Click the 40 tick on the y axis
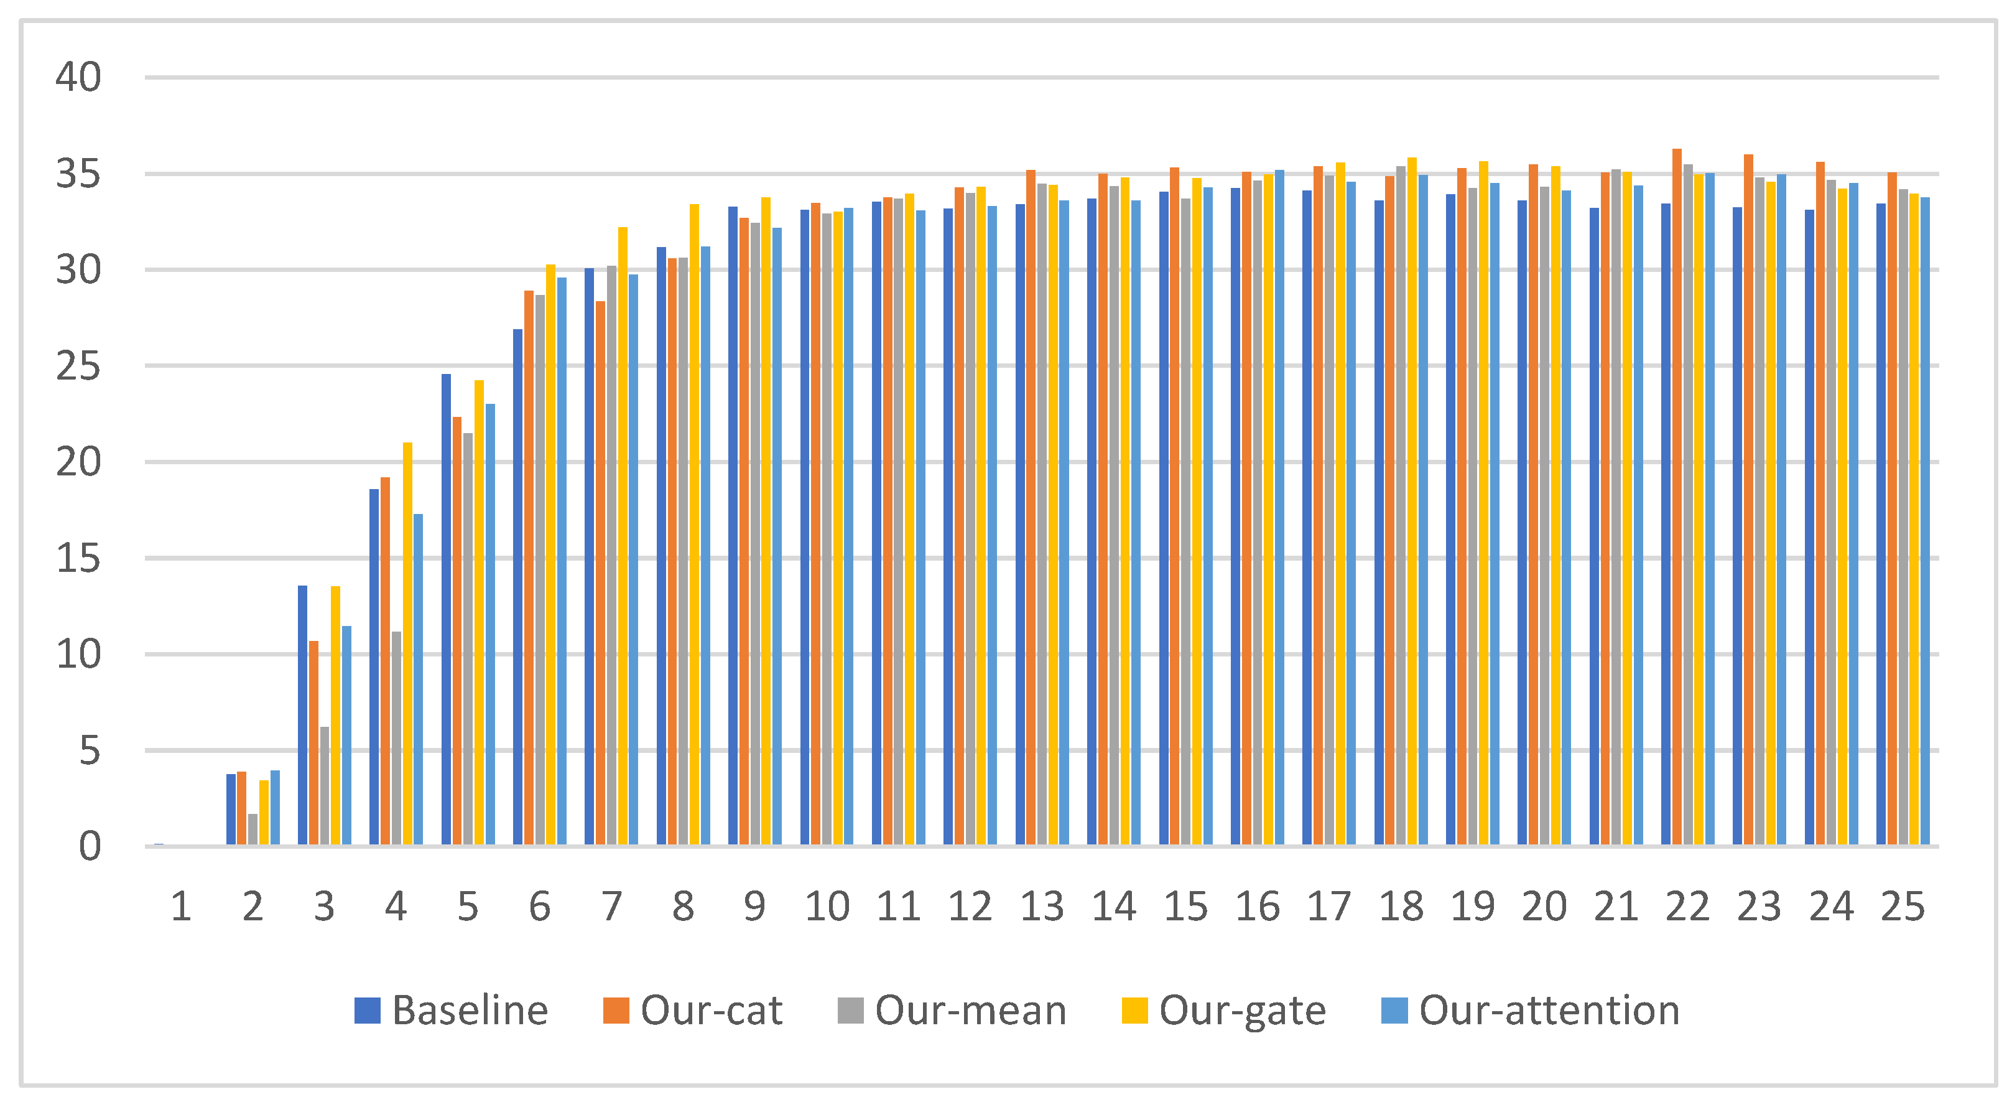(78, 77)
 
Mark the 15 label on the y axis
(78, 559)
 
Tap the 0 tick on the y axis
(90, 847)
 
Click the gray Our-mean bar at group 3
(324, 786)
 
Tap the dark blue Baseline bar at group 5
(446, 609)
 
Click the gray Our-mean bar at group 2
(253, 829)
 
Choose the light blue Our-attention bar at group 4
(418, 680)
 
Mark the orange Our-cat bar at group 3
(313, 743)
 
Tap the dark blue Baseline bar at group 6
(518, 587)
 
